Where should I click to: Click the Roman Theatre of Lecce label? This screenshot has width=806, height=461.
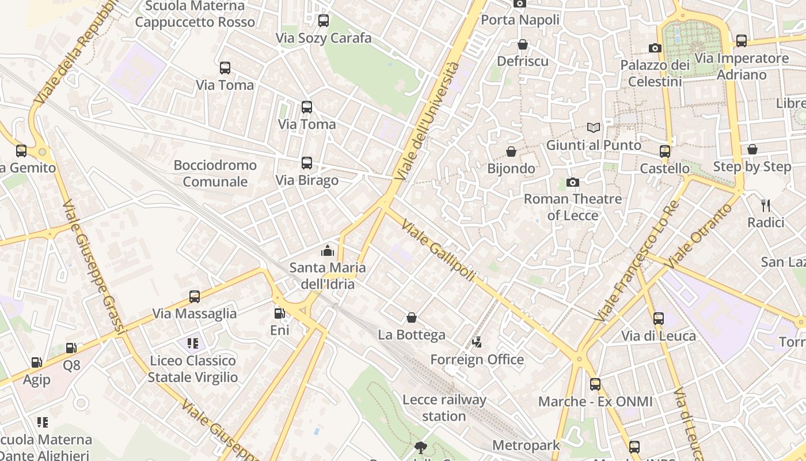[572, 207]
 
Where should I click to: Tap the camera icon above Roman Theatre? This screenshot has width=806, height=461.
[572, 183]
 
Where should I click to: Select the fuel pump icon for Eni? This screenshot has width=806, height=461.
[279, 313]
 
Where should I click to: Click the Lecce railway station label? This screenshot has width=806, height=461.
[444, 407]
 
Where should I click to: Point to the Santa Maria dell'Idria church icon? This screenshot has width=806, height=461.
[327, 251]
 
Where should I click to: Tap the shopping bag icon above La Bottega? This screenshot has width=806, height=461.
[411, 318]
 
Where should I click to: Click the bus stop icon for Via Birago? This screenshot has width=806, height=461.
[306, 163]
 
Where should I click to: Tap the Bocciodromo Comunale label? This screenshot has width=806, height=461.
[215, 173]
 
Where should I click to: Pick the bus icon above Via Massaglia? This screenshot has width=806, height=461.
[195, 297]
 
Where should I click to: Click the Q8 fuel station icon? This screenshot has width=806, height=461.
[71, 348]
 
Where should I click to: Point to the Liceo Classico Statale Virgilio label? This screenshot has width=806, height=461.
[193, 369]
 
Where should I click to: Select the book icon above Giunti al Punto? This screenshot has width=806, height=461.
[593, 127]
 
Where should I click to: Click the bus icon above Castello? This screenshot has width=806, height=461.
[665, 152]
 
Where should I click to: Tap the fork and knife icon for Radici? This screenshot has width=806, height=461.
[766, 206]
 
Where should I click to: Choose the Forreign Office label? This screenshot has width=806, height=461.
[477, 360]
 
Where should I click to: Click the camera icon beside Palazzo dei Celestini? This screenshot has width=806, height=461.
[655, 48]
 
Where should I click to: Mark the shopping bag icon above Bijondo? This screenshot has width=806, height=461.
[511, 152]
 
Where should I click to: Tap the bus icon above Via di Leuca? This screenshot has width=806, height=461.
[659, 318]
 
